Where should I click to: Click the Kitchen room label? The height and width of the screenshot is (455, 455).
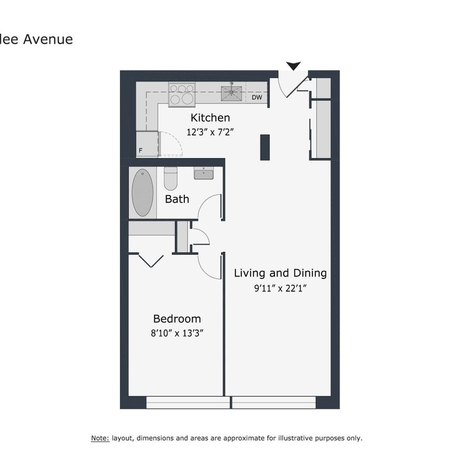click(210, 118)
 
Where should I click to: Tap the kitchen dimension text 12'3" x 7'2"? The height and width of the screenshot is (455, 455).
click(210, 132)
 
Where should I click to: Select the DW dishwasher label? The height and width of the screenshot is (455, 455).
click(256, 97)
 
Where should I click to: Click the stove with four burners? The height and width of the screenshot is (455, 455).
click(182, 94)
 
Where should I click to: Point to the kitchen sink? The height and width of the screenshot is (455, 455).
click(232, 93)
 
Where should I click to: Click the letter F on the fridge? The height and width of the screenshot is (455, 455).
click(141, 151)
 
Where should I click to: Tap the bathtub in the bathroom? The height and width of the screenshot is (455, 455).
click(142, 193)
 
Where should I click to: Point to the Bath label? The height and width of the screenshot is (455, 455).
click(177, 199)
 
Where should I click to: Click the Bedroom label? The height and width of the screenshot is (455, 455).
click(177, 319)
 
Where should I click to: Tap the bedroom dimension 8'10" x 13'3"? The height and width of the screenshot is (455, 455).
click(177, 332)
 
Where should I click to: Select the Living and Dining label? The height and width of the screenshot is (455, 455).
click(280, 273)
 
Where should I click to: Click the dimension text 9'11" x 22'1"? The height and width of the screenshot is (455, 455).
click(280, 288)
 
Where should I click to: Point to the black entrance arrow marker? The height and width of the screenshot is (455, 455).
click(293, 66)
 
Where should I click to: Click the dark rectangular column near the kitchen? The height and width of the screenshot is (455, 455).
click(265, 147)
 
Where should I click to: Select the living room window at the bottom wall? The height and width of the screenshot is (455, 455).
click(274, 403)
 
